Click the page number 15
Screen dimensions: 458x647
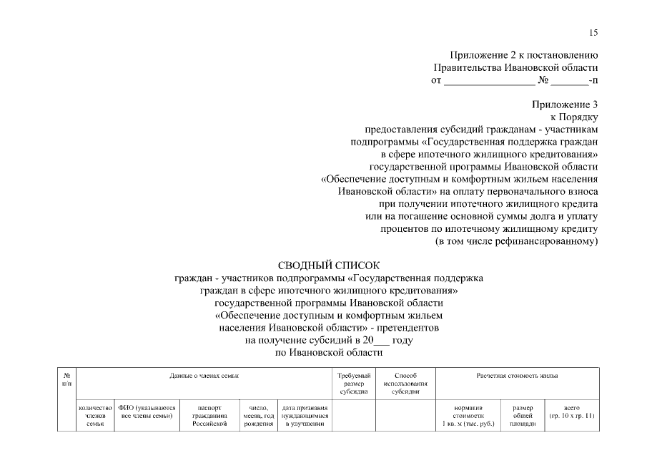pos(593,32)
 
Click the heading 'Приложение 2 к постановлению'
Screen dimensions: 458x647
pos(523,55)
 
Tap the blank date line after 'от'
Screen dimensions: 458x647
pos(489,80)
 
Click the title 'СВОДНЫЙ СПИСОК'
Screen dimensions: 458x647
pos(330,266)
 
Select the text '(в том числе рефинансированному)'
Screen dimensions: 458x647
pos(516,241)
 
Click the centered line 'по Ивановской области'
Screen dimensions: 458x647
pos(330,353)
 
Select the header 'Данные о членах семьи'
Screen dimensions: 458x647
pos(204,375)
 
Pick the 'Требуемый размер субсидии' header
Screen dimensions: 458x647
pos(354,384)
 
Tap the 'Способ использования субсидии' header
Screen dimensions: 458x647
pos(405,384)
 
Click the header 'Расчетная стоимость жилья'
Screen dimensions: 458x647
pos(517,375)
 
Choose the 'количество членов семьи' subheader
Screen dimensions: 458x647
pos(95,415)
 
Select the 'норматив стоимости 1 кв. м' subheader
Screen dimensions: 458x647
pos(469,415)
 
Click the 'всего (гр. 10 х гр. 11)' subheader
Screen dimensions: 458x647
pos(571,411)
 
